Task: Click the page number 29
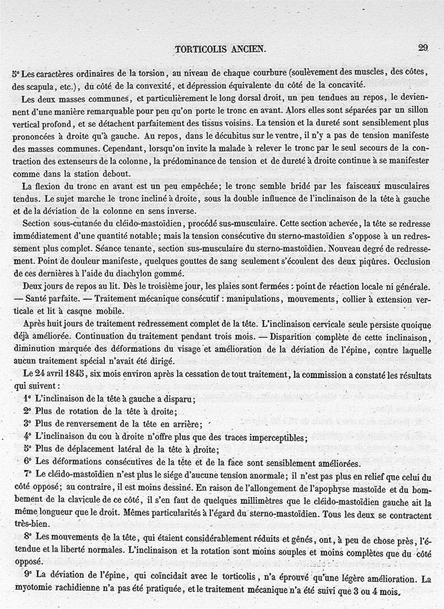click(x=423, y=48)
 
